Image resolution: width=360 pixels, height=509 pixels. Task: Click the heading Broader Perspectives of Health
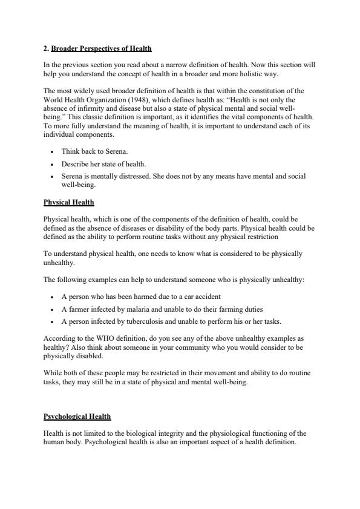[101, 48]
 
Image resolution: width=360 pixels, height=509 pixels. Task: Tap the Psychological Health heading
[77, 416]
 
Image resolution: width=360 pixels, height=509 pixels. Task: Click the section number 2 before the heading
[46, 48]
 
